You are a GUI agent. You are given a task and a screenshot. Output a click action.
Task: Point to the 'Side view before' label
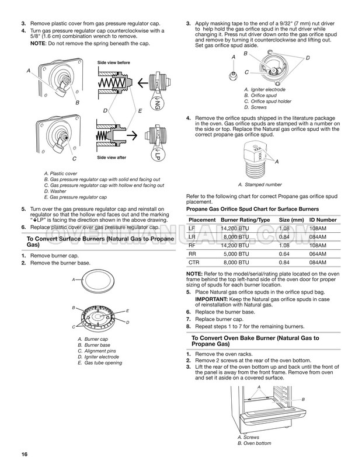pos(113,62)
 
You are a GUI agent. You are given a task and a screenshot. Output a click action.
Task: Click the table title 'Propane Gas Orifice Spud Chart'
pos(252,209)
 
